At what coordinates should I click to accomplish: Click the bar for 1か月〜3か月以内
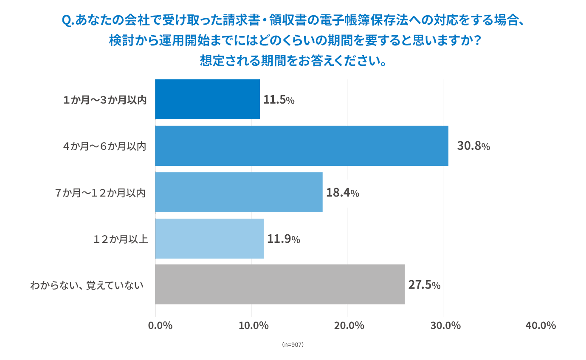point(207,99)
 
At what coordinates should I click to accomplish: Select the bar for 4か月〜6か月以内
point(301,146)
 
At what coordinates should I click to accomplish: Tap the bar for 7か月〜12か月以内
point(239,192)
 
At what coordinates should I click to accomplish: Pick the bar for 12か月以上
point(209,239)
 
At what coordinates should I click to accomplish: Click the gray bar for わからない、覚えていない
point(280,284)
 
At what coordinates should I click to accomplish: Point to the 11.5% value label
point(279,100)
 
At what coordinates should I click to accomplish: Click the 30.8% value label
point(473,146)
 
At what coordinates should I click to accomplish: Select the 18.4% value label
point(342,193)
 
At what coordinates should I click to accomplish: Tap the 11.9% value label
point(283,239)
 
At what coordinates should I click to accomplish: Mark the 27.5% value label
point(424,285)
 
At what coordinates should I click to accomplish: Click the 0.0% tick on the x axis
point(160,326)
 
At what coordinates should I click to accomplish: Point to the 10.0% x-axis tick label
point(254,326)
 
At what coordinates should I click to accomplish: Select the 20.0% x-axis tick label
point(349,326)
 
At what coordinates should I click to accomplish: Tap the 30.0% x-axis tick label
point(445,326)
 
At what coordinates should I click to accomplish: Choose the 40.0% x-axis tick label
point(541,326)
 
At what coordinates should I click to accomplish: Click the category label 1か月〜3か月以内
point(104,100)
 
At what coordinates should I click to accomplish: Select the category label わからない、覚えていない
point(87,285)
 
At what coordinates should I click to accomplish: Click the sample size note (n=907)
point(293,345)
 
